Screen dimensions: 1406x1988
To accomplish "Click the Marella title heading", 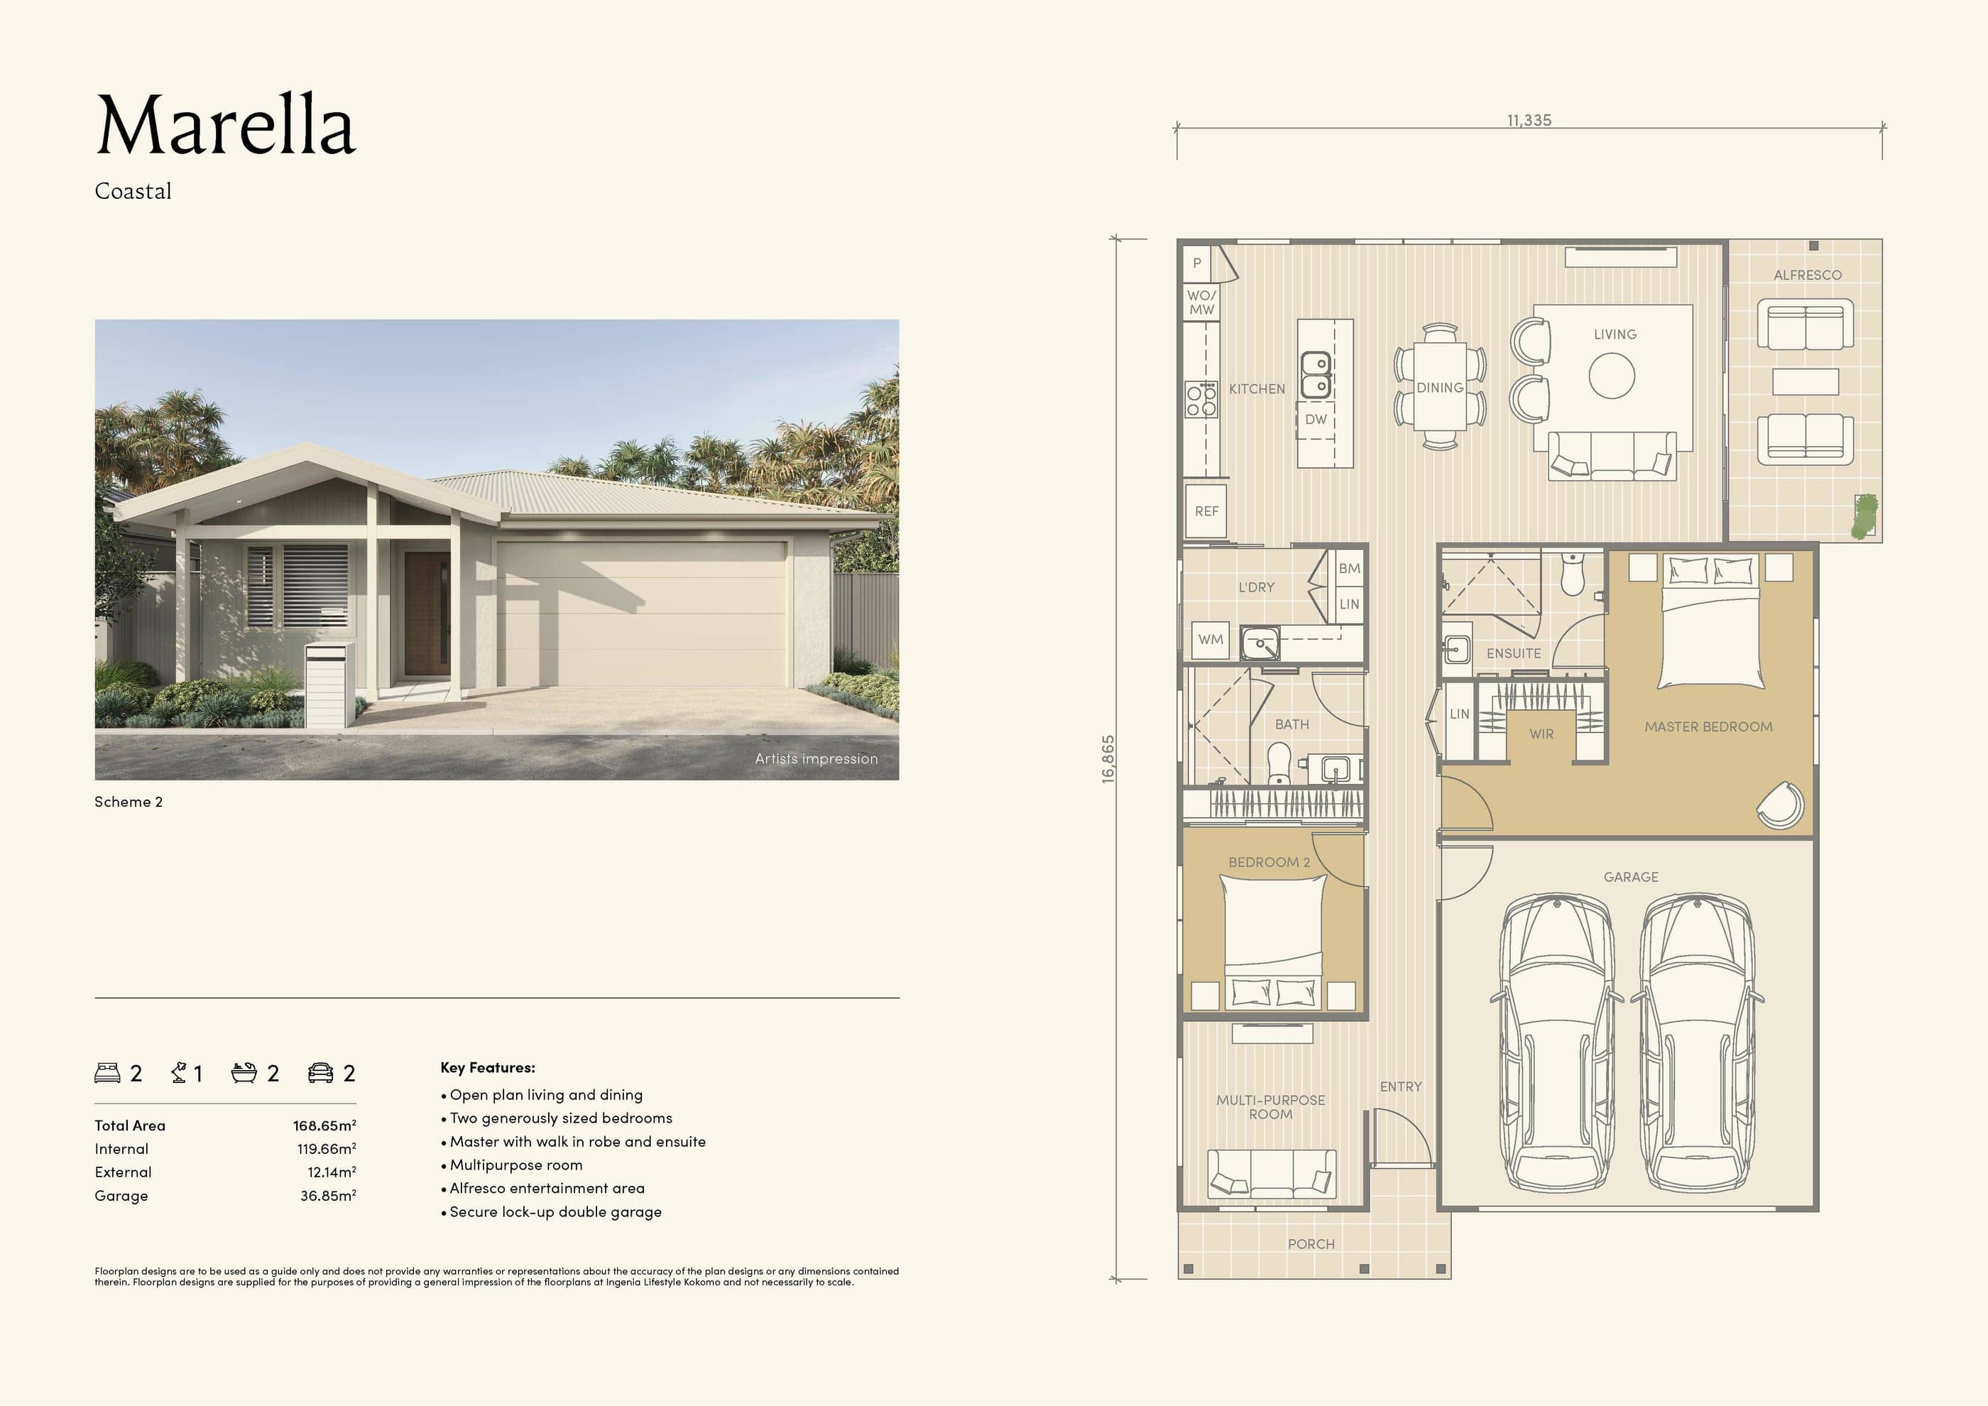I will pyautogui.click(x=225, y=126).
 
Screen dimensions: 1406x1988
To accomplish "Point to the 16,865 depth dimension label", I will pyautogui.click(x=1108, y=759).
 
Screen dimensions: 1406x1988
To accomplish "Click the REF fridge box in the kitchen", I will pyautogui.click(x=1206, y=512).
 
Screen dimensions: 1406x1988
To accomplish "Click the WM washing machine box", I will pyautogui.click(x=1211, y=640).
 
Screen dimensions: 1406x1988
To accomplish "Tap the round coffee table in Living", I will pyautogui.click(x=1612, y=376).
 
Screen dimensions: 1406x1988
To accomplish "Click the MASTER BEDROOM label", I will pyautogui.click(x=1708, y=727).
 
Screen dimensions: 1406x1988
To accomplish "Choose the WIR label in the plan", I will pyautogui.click(x=1541, y=734).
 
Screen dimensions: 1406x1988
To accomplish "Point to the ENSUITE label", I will pyautogui.click(x=1514, y=654).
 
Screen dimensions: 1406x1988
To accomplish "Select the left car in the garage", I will pyautogui.click(x=1556, y=1043).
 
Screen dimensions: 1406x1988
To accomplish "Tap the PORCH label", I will pyautogui.click(x=1311, y=1244).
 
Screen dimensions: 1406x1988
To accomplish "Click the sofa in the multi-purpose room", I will pyautogui.click(x=1271, y=1174).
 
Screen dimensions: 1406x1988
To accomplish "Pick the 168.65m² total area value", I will pyautogui.click(x=324, y=1126).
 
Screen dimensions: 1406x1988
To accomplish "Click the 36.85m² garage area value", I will pyautogui.click(x=327, y=1196).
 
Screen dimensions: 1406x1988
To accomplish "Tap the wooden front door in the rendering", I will pyautogui.click(x=427, y=614).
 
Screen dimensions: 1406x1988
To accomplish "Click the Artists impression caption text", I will pyautogui.click(x=816, y=758).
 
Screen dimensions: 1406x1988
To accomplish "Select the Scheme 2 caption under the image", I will pyautogui.click(x=128, y=802).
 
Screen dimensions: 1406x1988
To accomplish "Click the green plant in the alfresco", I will pyautogui.click(x=1864, y=517).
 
